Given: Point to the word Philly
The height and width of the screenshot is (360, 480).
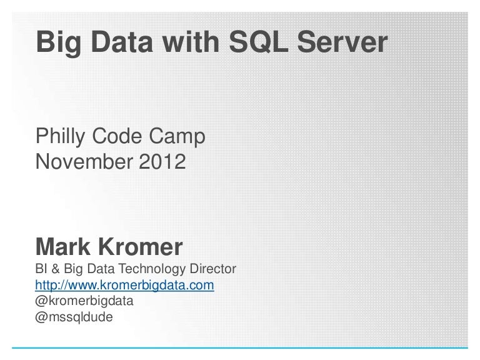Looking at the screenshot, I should [x=63, y=135].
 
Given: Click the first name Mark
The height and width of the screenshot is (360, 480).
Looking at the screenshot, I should [x=63, y=247].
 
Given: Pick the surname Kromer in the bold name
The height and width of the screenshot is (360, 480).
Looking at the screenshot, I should [x=141, y=247].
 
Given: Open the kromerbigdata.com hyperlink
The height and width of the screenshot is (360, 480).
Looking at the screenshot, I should [x=125, y=286].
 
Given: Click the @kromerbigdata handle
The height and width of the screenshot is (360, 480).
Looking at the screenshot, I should [x=84, y=301].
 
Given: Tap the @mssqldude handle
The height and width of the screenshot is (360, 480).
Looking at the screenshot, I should [x=74, y=316].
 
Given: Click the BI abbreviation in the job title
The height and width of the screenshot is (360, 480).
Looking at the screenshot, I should [x=42, y=271].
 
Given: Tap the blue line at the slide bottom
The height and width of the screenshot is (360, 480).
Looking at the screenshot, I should [x=240, y=346].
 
